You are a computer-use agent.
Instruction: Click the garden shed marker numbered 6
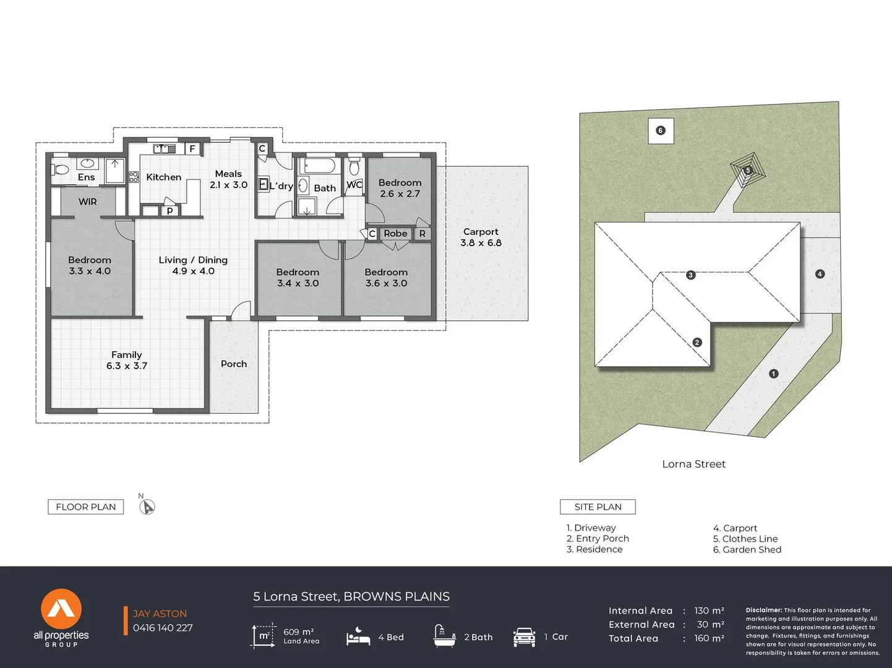(661, 131)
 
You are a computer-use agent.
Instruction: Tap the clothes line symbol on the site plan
(748, 170)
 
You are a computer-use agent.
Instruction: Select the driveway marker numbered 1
(773, 374)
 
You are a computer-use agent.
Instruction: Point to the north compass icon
(147, 507)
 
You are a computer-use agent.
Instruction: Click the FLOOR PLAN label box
(86, 507)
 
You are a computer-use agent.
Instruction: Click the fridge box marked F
(192, 148)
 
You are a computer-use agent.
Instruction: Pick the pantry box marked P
(170, 210)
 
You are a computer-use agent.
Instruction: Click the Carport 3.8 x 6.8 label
(481, 238)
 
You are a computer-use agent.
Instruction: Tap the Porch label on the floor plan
(234, 364)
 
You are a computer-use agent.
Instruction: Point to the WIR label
(88, 202)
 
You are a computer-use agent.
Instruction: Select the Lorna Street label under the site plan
(693, 464)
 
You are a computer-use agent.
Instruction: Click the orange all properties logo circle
(61, 609)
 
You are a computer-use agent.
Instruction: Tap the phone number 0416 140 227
(163, 628)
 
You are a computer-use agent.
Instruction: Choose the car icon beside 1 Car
(524, 636)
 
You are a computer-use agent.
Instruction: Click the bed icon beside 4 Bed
(358, 636)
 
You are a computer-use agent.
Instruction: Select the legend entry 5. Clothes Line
(745, 539)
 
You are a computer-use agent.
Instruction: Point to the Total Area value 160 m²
(709, 638)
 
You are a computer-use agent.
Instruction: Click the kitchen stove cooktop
(134, 177)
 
